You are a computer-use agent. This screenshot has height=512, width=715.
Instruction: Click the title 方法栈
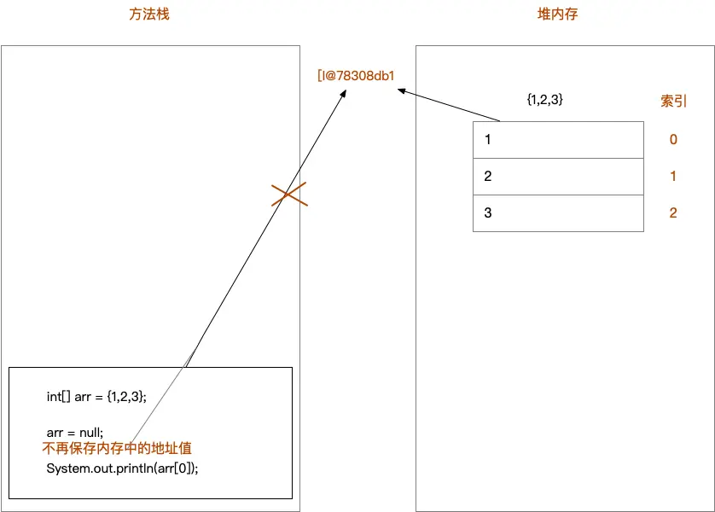pos(149,15)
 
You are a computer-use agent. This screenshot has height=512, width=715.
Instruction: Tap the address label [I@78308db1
pos(355,76)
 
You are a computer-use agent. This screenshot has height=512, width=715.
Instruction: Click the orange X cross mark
pos(289,195)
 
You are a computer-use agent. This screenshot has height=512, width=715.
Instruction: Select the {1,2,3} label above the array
pos(544,100)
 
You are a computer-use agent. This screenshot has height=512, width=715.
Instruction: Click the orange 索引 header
pos(673,100)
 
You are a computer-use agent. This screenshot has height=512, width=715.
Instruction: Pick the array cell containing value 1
pos(558,139)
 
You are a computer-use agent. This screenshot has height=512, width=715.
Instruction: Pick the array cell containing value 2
pos(558,177)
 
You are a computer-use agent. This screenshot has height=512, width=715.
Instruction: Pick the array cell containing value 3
pos(558,213)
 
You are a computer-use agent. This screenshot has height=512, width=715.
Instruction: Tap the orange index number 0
pos(673,139)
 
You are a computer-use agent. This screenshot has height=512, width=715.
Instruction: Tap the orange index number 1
pos(673,177)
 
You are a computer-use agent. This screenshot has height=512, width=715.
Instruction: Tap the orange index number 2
pos(673,213)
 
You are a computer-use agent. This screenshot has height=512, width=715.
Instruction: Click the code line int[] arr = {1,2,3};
pos(96,396)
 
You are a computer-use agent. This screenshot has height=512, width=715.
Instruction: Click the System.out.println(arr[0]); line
pos(122,468)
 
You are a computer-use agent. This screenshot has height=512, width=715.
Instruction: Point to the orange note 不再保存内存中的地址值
pos(123,449)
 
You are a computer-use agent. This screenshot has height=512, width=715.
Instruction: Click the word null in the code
pos(89,432)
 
